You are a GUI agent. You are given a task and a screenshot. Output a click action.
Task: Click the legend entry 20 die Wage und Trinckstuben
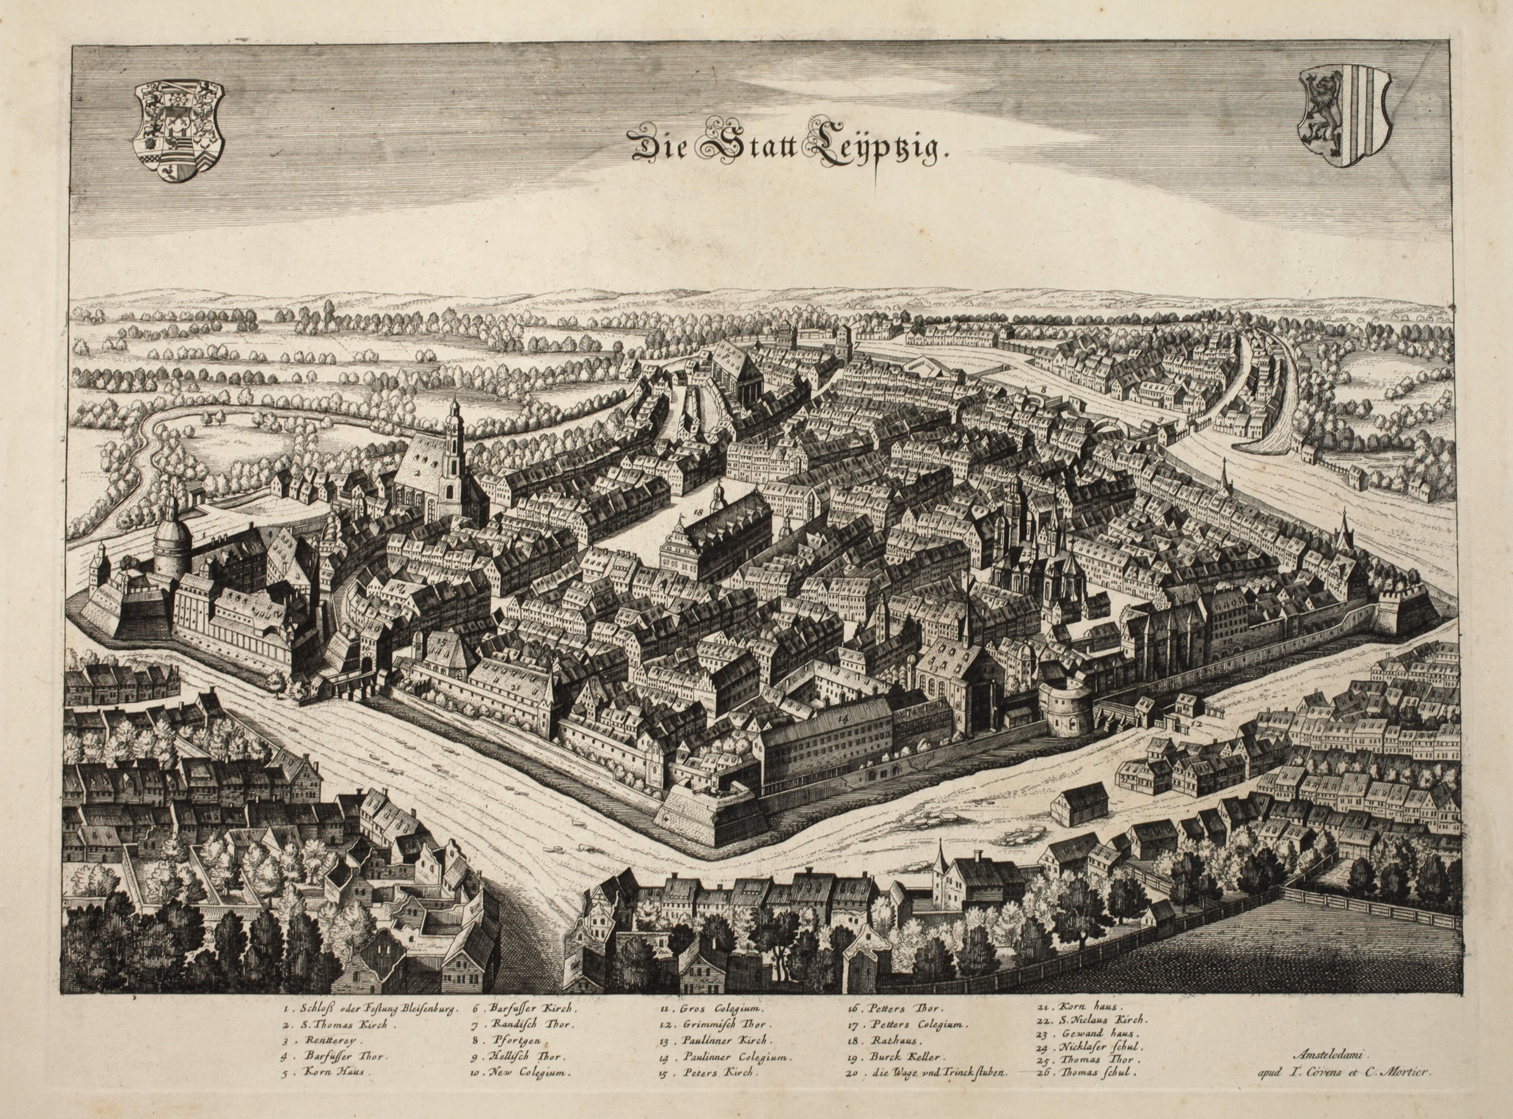[x=928, y=1090]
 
